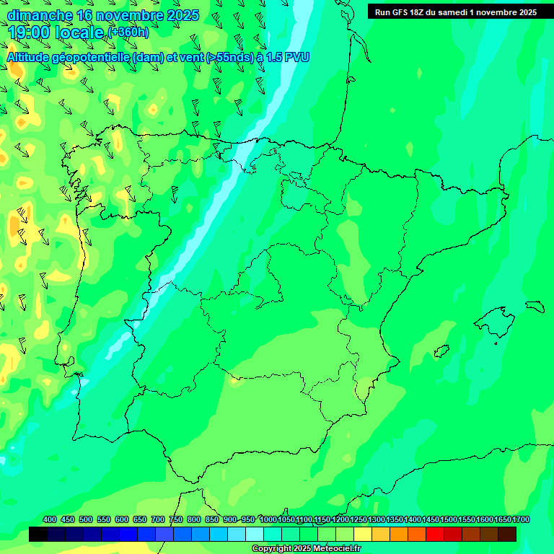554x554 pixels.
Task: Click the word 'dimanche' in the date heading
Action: (40, 15)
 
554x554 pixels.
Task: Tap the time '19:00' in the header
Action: (29, 32)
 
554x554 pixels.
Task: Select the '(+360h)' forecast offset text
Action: (128, 32)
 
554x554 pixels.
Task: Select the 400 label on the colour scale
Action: (50, 520)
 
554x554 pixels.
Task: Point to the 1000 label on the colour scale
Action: (268, 520)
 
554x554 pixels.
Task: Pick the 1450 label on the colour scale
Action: (431, 520)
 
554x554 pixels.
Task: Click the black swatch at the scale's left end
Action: (38, 535)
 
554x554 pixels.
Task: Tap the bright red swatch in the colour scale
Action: (435, 535)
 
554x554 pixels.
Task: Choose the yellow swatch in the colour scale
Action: (363, 535)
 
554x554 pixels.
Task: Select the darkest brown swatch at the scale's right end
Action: (507, 535)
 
